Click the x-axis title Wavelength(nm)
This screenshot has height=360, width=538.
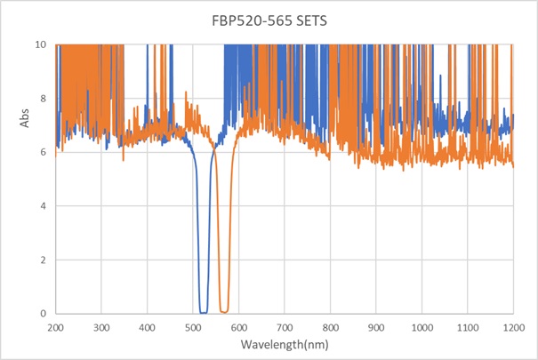285,345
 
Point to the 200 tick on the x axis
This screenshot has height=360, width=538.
55,326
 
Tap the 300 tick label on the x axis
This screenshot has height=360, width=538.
101,326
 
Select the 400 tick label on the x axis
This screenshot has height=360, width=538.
147,326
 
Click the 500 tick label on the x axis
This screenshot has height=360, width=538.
193,326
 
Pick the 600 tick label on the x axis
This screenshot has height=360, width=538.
238,326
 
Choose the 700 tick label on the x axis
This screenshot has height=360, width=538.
285,326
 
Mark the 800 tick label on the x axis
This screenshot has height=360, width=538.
330,326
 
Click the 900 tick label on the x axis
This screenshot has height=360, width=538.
376,326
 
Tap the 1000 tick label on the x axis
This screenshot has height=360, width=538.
422,326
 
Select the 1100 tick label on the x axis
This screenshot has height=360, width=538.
468,326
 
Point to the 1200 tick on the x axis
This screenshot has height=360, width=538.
513,326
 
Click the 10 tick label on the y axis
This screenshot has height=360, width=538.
41,44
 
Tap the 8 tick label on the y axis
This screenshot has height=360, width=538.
44,99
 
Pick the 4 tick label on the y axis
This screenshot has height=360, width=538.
44,206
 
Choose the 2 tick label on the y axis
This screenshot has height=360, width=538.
44,260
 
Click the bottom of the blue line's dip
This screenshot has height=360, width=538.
204,312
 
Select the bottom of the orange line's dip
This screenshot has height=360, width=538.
224,311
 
